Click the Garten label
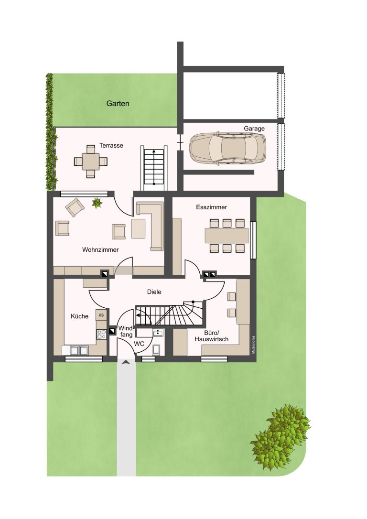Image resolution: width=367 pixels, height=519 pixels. click(118, 104)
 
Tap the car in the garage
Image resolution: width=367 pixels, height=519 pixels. click(227, 149)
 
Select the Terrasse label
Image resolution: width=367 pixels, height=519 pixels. click(111, 145)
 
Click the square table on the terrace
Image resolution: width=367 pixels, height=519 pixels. click(91, 161)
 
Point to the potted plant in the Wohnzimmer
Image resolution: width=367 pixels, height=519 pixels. click(97, 203)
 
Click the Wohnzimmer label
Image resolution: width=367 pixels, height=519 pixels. click(100, 250)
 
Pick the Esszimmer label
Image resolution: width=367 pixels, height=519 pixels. click(212, 207)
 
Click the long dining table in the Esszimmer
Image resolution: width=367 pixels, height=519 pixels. click(227, 236)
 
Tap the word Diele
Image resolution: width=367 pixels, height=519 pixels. click(154, 292)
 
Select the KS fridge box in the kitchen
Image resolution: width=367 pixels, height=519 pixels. click(101, 315)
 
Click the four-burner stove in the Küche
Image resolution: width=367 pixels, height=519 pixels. click(101, 335)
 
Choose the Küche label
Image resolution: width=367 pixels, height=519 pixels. click(79, 316)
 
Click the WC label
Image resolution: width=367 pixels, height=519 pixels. click(139, 344)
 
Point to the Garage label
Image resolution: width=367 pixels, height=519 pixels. click(254, 129)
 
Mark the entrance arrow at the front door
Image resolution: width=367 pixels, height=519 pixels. click(126, 362)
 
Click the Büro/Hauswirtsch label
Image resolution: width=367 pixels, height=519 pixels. click(212, 336)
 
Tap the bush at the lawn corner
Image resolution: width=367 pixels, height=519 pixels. click(280, 437)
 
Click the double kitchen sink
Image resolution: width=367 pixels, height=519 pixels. click(79, 350)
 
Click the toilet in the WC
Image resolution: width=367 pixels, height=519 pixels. click(156, 349)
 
